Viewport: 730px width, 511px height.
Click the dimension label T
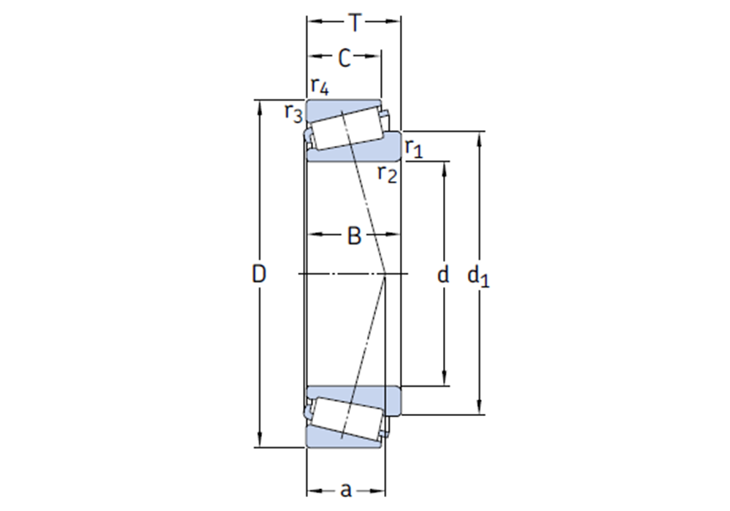(x=354, y=23)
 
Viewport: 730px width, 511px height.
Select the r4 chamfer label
(x=320, y=87)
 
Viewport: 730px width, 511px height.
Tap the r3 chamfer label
(x=293, y=113)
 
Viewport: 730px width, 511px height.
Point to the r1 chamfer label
(x=414, y=149)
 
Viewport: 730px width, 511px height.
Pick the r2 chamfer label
(x=388, y=174)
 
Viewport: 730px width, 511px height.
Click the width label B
(x=354, y=236)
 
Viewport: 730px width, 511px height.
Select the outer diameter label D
(x=259, y=274)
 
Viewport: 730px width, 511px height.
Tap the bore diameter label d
(x=442, y=275)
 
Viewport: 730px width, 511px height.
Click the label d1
(x=478, y=276)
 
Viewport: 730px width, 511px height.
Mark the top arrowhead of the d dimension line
(x=443, y=167)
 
